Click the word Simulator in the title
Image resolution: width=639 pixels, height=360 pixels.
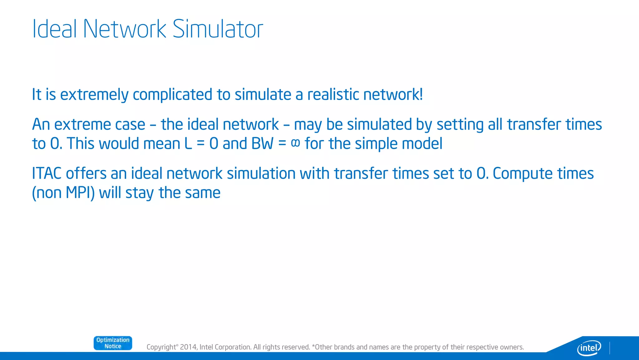point(217,29)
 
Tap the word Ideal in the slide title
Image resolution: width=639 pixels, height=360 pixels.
point(54,29)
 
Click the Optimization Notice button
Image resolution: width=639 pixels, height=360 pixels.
point(113,343)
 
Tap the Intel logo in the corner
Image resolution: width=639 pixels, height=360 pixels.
point(589,347)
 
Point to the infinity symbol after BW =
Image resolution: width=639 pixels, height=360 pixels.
point(295,143)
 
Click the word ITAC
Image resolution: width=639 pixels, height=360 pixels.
point(46,173)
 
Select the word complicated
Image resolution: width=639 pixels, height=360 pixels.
point(173,94)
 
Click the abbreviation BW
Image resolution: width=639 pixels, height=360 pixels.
point(262,144)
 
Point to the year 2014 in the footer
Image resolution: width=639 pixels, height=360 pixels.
point(188,347)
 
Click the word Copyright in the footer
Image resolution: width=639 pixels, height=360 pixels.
point(161,347)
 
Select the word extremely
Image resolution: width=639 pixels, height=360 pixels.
point(94,95)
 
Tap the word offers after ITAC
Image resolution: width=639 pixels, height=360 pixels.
point(86,173)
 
